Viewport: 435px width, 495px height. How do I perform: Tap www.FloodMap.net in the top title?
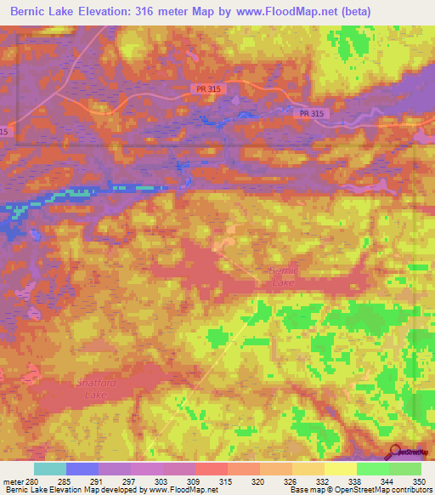284,11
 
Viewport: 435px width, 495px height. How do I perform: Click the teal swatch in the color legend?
50,469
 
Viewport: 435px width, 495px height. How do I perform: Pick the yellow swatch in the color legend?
341,469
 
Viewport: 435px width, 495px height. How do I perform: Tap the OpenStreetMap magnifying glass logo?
393,451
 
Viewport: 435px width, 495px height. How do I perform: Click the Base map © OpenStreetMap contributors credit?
359,490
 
